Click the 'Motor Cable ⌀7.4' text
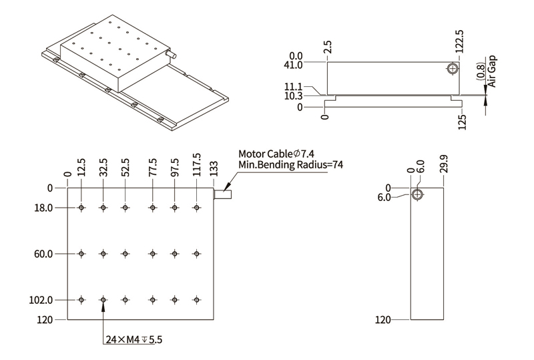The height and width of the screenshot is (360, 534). [x=276, y=154]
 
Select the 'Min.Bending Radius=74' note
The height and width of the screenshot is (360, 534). [x=290, y=166]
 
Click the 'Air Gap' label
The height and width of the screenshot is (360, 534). [x=493, y=71]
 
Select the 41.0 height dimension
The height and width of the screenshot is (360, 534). [x=294, y=65]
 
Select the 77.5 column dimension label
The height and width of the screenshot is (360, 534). [x=153, y=166]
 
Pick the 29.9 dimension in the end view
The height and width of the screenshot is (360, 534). [x=443, y=164]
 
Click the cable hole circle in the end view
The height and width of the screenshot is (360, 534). [x=417, y=194]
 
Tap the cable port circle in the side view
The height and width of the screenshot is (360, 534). [x=453, y=69]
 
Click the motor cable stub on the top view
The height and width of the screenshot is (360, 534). [x=224, y=196]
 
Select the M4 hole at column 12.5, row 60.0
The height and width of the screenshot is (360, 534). [x=81, y=254]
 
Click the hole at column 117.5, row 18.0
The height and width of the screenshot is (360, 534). [x=196, y=208]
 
